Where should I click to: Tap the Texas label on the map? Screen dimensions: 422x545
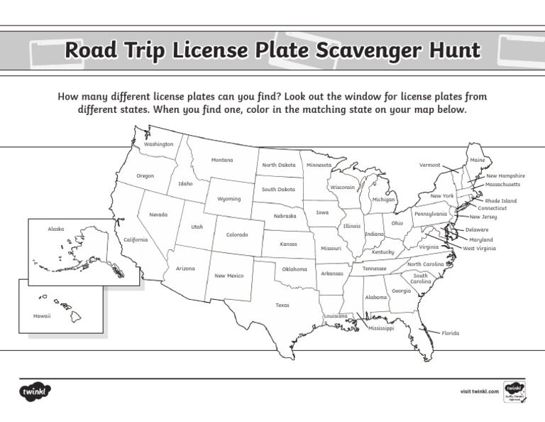pyautogui.click(x=282, y=305)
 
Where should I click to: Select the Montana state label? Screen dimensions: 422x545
pyautogui.click(x=222, y=160)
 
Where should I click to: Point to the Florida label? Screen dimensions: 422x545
pyautogui.click(x=451, y=332)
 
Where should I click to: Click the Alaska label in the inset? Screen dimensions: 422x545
pyautogui.click(x=56, y=229)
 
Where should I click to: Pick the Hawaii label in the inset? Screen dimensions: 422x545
pyautogui.click(x=42, y=315)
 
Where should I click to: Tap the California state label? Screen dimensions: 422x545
pyautogui.click(x=136, y=239)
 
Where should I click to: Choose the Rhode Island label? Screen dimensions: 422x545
pyautogui.click(x=501, y=201)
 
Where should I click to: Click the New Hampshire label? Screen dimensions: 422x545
pyautogui.click(x=505, y=175)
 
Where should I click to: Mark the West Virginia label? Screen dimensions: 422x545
pyautogui.click(x=480, y=249)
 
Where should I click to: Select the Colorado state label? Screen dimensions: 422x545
pyautogui.click(x=237, y=234)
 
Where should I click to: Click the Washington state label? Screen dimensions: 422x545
pyautogui.click(x=158, y=144)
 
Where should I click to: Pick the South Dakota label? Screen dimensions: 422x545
pyautogui.click(x=278, y=190)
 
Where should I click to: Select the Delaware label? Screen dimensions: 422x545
pyautogui.click(x=477, y=230)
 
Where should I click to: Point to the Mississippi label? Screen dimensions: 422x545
pyautogui.click(x=381, y=328)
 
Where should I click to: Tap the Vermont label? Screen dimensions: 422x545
pyautogui.click(x=429, y=165)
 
